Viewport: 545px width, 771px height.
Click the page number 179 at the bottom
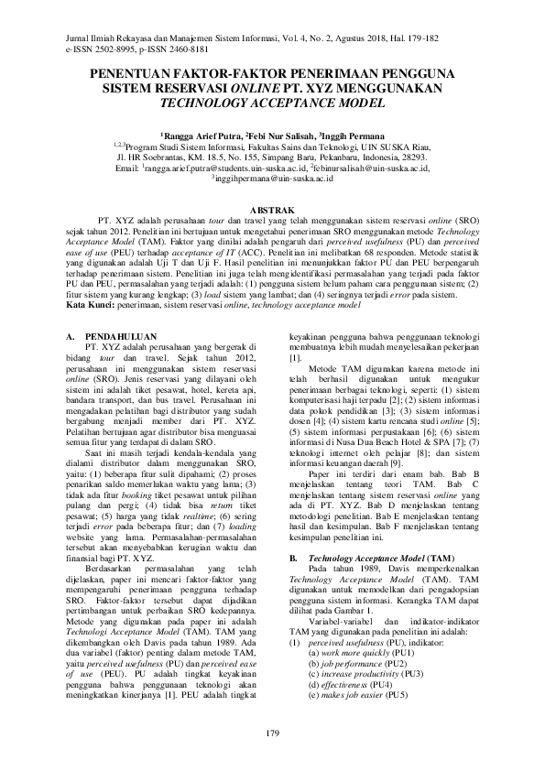tap(272, 733)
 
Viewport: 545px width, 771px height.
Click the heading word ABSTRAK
tap(272, 210)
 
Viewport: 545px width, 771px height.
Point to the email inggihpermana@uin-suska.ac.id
tap(272, 179)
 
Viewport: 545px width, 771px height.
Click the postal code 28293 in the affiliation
tap(408, 158)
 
